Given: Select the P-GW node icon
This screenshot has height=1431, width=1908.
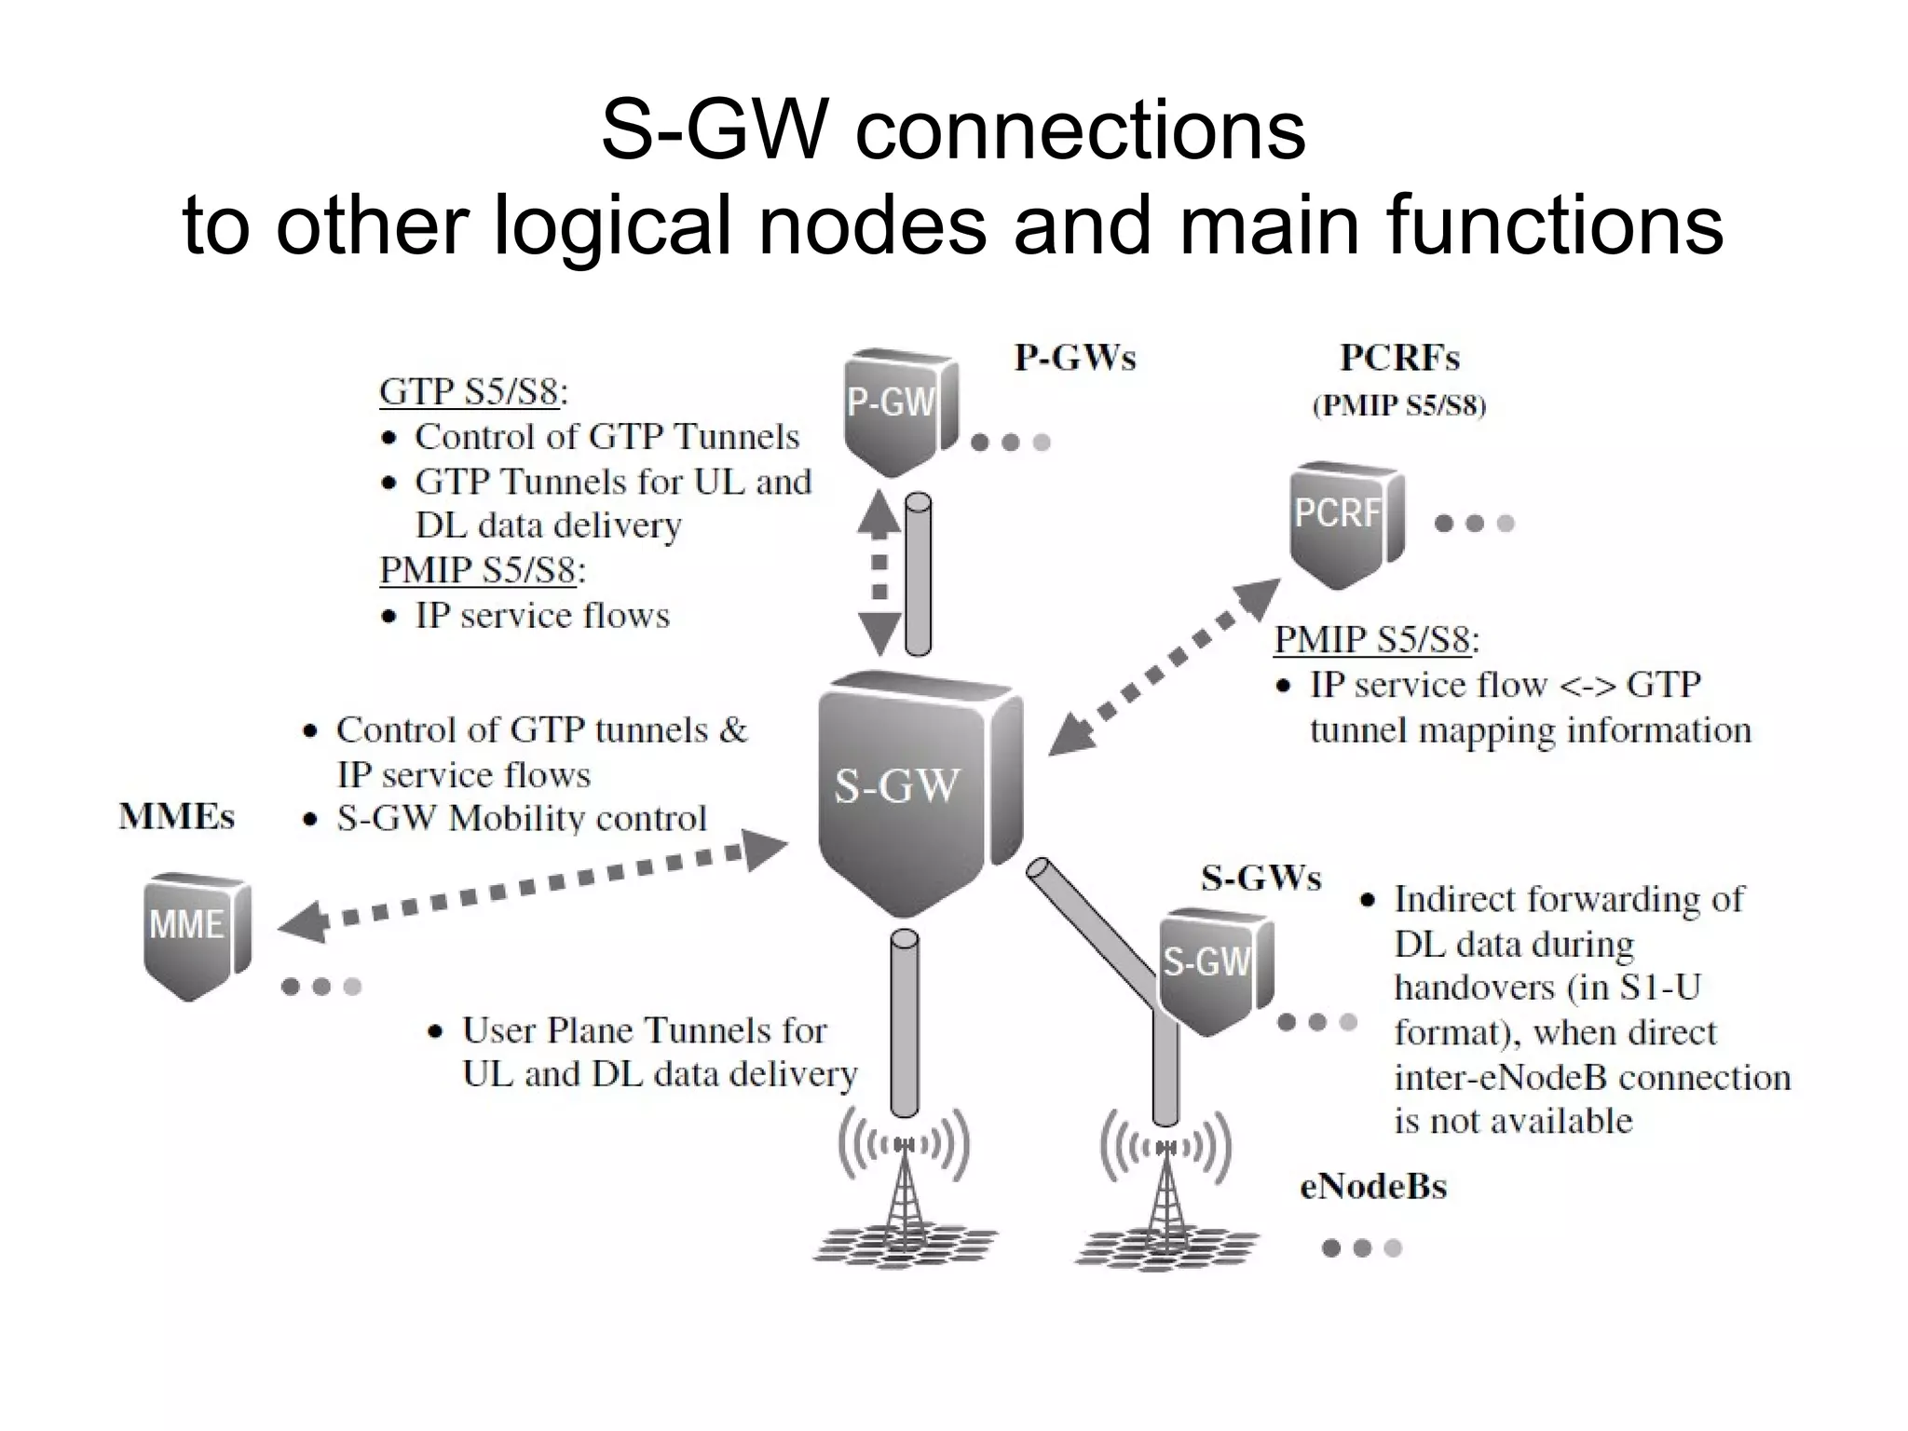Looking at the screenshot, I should click(x=896, y=410).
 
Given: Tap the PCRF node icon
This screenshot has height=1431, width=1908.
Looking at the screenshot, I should click(x=1343, y=522).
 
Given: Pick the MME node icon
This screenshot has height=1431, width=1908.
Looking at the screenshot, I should click(x=194, y=934).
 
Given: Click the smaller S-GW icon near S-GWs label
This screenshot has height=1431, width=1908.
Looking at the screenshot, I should click(x=1211, y=969).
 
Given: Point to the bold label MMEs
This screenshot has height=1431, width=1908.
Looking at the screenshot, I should click(x=176, y=817).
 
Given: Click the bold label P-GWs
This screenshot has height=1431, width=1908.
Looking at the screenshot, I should click(x=1075, y=358).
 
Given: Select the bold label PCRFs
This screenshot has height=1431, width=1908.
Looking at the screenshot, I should click(x=1399, y=358).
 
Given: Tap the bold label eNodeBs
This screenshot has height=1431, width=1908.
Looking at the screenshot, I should click(x=1373, y=1187).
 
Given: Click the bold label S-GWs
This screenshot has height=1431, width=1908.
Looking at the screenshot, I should click(x=1261, y=878).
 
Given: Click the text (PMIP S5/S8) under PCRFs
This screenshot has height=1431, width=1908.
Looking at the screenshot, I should click(x=1399, y=406).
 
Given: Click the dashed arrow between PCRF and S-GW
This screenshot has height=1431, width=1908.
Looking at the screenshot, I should click(x=1165, y=666).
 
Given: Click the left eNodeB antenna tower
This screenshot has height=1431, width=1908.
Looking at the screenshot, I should click(x=904, y=1192).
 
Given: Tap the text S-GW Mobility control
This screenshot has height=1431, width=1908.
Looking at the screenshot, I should click(x=522, y=818).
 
